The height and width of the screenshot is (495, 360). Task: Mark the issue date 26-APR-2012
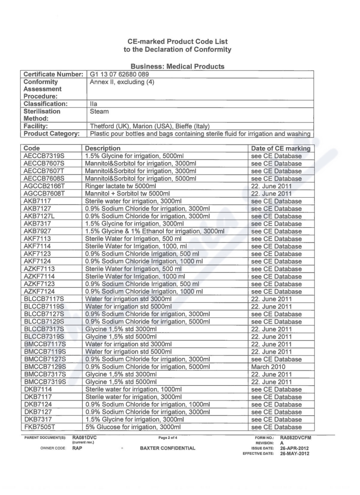tap(295, 448)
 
